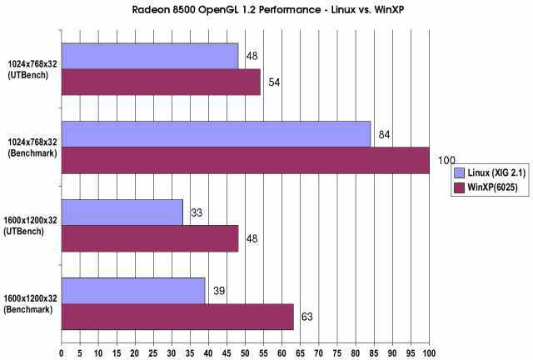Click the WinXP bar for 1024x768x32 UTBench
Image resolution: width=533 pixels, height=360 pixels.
(x=161, y=82)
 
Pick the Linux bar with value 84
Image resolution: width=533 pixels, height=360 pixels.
(x=216, y=133)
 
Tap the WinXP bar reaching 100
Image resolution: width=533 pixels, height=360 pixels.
(x=245, y=160)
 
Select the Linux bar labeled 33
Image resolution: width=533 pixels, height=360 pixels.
(x=122, y=212)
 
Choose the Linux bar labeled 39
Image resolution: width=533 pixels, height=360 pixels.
(x=133, y=290)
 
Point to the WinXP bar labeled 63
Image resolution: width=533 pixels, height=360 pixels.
(x=177, y=317)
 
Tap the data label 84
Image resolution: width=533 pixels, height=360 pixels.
(x=384, y=134)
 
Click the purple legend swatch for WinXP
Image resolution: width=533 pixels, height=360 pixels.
(x=458, y=187)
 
